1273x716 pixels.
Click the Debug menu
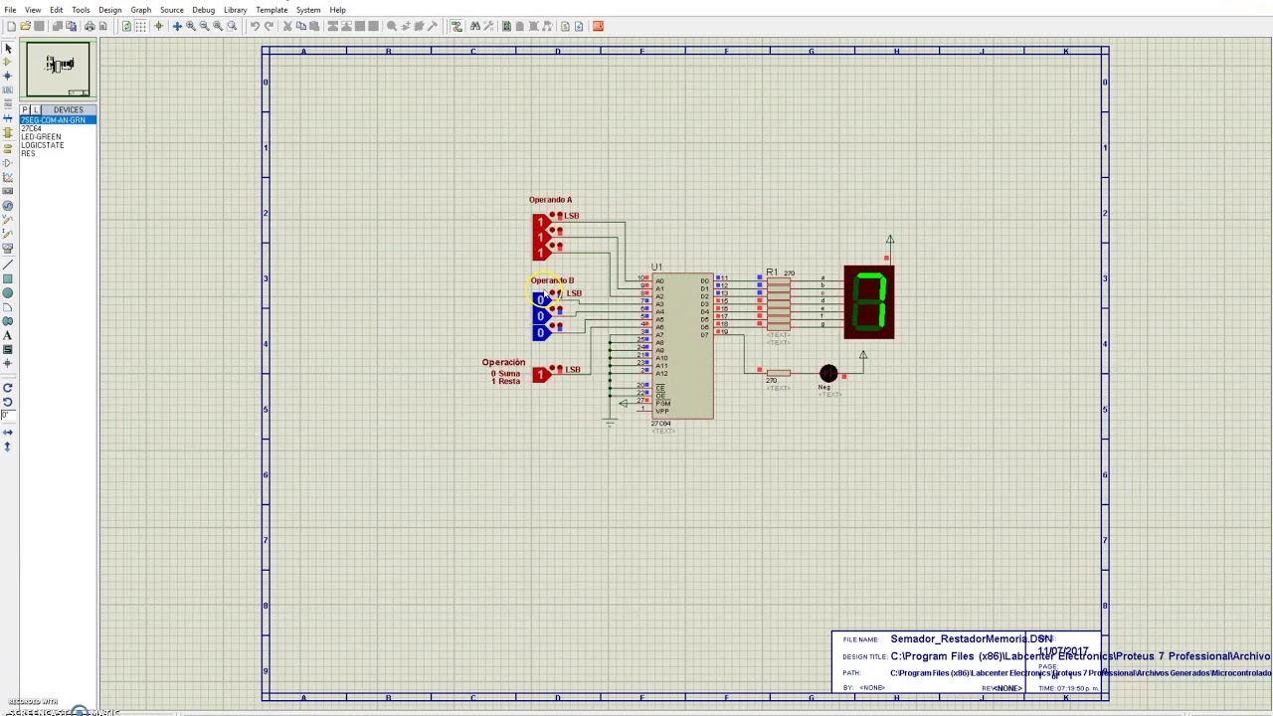pyautogui.click(x=203, y=10)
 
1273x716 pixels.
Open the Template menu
pyautogui.click(x=272, y=10)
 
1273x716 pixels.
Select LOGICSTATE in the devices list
pyautogui.click(x=43, y=145)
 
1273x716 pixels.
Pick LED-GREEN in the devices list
pyautogui.click(x=41, y=137)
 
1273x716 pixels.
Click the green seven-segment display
pyautogui.click(x=869, y=301)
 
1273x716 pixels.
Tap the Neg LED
pyautogui.click(x=828, y=374)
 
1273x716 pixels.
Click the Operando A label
pyautogui.click(x=550, y=200)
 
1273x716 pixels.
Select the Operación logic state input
pyautogui.click(x=541, y=374)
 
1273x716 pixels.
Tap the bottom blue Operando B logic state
pyautogui.click(x=541, y=332)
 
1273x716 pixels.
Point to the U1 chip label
pyautogui.click(x=656, y=268)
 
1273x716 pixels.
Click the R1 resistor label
pyautogui.click(x=772, y=272)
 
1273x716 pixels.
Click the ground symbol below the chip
pyautogui.click(x=610, y=422)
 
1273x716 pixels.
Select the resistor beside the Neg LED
pyautogui.click(x=778, y=373)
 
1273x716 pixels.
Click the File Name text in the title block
pyautogui.click(x=971, y=639)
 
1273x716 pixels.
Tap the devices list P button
pyautogui.click(x=25, y=109)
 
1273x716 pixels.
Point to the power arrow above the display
pyautogui.click(x=890, y=240)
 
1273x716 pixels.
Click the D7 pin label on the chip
pyautogui.click(x=704, y=333)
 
